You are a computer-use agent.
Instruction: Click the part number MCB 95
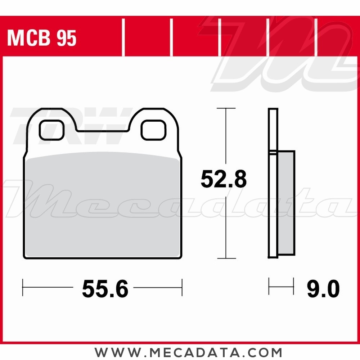(42, 38)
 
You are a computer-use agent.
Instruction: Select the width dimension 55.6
(105, 289)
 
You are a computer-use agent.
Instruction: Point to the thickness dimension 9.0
(323, 289)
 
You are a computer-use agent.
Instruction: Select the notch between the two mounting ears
(102, 128)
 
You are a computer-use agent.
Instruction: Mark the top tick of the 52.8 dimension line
(226, 108)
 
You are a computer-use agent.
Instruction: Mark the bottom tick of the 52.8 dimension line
(226, 258)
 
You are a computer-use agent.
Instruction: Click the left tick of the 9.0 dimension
(269, 286)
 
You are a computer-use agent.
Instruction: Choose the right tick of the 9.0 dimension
(293, 286)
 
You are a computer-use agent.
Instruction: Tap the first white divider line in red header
(123, 38)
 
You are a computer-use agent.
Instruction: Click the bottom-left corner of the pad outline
(24, 257)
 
